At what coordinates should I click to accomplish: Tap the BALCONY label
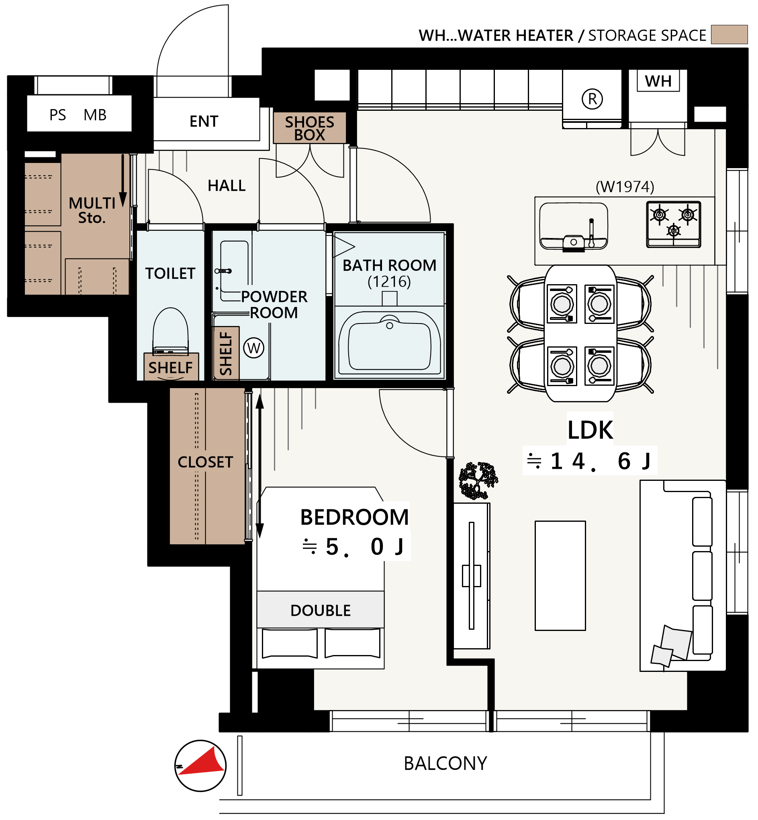[445, 763]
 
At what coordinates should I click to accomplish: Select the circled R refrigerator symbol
[592, 99]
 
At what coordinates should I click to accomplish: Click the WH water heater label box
[658, 81]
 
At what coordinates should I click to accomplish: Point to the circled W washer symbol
[253, 348]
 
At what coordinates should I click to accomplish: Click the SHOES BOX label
[309, 128]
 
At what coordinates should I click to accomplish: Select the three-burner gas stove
[674, 224]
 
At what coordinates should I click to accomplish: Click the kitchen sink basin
[574, 226]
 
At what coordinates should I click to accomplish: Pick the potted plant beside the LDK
[478, 480]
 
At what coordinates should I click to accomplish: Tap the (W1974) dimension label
[625, 187]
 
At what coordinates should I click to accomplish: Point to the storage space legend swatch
[729, 35]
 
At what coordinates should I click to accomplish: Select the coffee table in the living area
[560, 576]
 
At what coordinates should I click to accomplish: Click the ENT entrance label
[204, 121]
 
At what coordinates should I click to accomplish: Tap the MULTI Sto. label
[92, 210]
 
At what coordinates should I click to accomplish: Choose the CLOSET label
[205, 462]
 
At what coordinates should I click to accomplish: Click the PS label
[58, 115]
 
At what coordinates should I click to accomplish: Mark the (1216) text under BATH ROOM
[389, 281]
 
